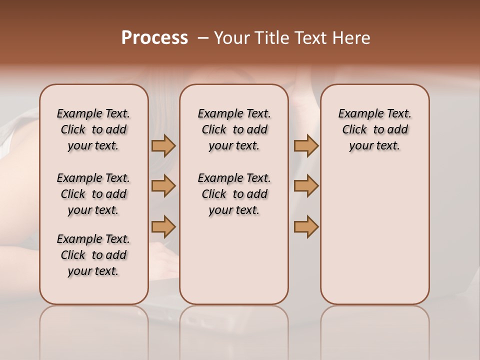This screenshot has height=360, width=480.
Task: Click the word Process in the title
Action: pos(154,38)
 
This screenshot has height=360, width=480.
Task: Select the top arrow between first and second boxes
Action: pos(163,146)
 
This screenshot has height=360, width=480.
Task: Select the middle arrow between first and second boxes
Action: pos(163,186)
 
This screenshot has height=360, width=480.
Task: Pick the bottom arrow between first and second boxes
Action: pos(163,226)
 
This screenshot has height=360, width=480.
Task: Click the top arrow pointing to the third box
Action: pos(306,146)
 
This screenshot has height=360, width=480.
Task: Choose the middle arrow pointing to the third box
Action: pos(306,186)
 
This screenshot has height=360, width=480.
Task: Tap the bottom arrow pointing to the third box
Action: pos(306,226)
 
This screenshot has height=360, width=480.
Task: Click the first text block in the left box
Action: pos(93,129)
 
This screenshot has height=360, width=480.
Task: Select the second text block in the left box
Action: pos(93,194)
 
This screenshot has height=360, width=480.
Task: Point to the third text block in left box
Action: pos(93,255)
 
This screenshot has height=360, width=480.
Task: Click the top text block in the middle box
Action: pos(234,129)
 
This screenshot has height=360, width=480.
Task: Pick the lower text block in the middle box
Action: pos(234,194)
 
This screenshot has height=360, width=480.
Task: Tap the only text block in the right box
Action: pos(374,129)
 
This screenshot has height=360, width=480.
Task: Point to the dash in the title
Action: pos(203,38)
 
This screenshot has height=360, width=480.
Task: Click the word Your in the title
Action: pos(231,38)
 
